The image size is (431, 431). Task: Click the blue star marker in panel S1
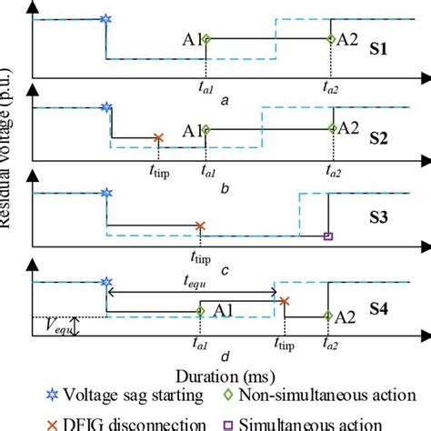(x=107, y=18)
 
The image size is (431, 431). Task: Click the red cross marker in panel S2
(x=158, y=138)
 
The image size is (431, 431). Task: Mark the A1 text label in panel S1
(x=190, y=39)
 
